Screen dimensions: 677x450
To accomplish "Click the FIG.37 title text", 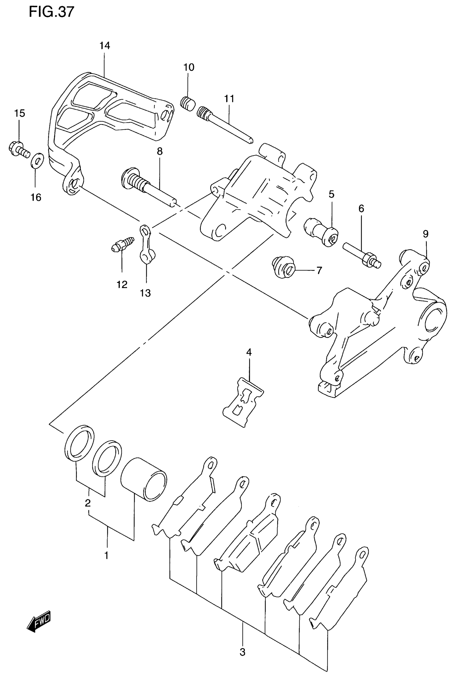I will tap(52, 12).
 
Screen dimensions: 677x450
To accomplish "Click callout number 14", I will tap(105, 46).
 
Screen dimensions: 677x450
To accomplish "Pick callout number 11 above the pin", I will tap(229, 99).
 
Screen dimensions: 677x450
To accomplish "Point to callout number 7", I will tap(319, 270).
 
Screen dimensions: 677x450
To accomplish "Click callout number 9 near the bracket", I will tap(425, 234).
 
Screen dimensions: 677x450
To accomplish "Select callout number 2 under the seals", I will tap(88, 503).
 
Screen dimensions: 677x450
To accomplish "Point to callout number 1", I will tap(106, 555).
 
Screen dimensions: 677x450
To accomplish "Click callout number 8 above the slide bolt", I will tap(160, 151).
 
